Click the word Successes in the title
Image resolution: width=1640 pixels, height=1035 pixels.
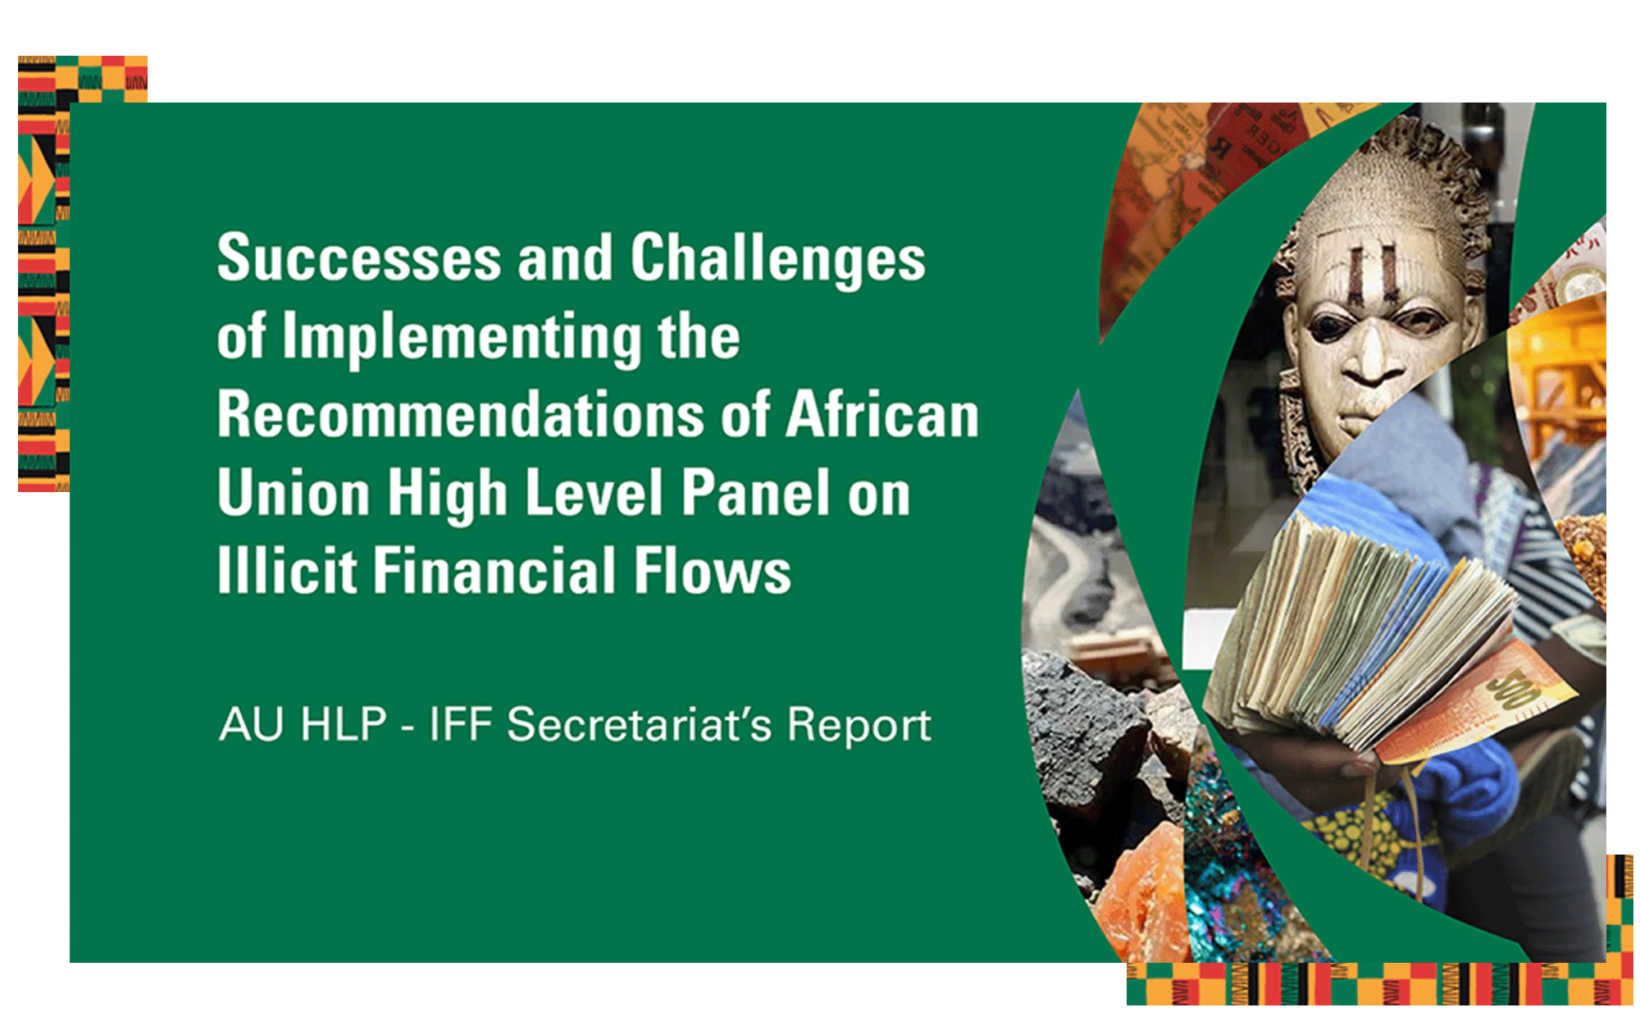coord(359,258)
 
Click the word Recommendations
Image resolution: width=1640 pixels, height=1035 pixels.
coord(461,414)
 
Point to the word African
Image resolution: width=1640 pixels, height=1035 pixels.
coord(882,414)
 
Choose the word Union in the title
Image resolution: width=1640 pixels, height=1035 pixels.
coord(294,493)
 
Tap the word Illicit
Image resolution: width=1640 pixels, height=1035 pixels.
coord(287,571)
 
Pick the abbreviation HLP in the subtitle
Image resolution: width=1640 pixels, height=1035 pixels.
coord(344,725)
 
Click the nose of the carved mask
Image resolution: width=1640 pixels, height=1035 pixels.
coord(1371,353)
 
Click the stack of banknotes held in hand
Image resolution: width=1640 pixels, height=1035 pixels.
coord(1361,631)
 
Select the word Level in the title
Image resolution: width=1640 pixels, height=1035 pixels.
coord(594,493)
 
